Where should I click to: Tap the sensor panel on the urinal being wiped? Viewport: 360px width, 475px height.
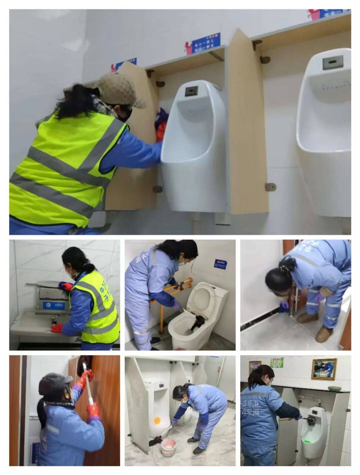tap(191, 91)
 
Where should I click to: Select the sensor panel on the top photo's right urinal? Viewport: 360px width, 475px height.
tap(333, 62)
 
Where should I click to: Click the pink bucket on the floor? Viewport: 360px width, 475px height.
tap(168, 447)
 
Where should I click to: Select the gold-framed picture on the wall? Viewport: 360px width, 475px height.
tap(324, 369)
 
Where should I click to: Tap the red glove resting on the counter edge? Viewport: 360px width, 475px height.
tap(57, 328)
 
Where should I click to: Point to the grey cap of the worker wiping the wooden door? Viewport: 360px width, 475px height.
tap(55, 384)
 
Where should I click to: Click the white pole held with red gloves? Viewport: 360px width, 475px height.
tap(89, 387)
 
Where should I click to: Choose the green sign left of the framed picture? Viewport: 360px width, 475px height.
tap(276, 363)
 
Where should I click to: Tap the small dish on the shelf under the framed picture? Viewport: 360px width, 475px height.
tap(334, 388)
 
